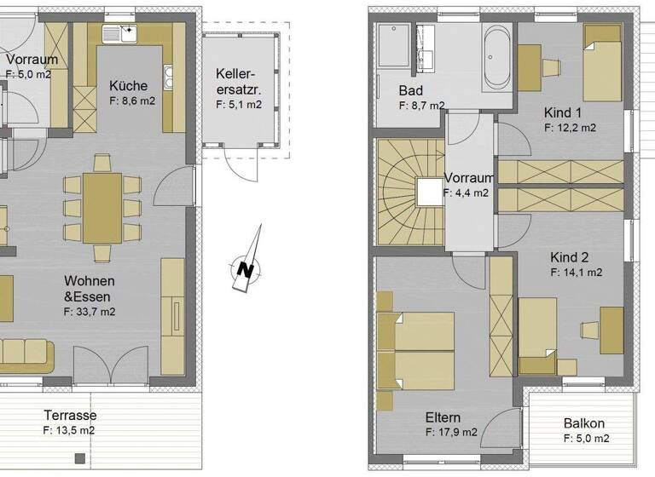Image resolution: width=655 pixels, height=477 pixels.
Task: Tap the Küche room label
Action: point(128,85)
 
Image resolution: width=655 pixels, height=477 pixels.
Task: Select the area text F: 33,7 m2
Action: point(90,312)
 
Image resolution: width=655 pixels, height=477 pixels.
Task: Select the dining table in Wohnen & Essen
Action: point(102,208)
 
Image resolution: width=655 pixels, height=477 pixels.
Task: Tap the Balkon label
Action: point(584,423)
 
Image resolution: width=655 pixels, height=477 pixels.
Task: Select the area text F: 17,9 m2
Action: point(452,433)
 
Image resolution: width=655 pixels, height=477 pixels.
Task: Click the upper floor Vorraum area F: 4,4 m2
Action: point(466,193)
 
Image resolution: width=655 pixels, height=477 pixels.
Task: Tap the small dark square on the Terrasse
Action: point(79,458)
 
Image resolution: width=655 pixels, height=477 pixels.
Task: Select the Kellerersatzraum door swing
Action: point(238,166)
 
